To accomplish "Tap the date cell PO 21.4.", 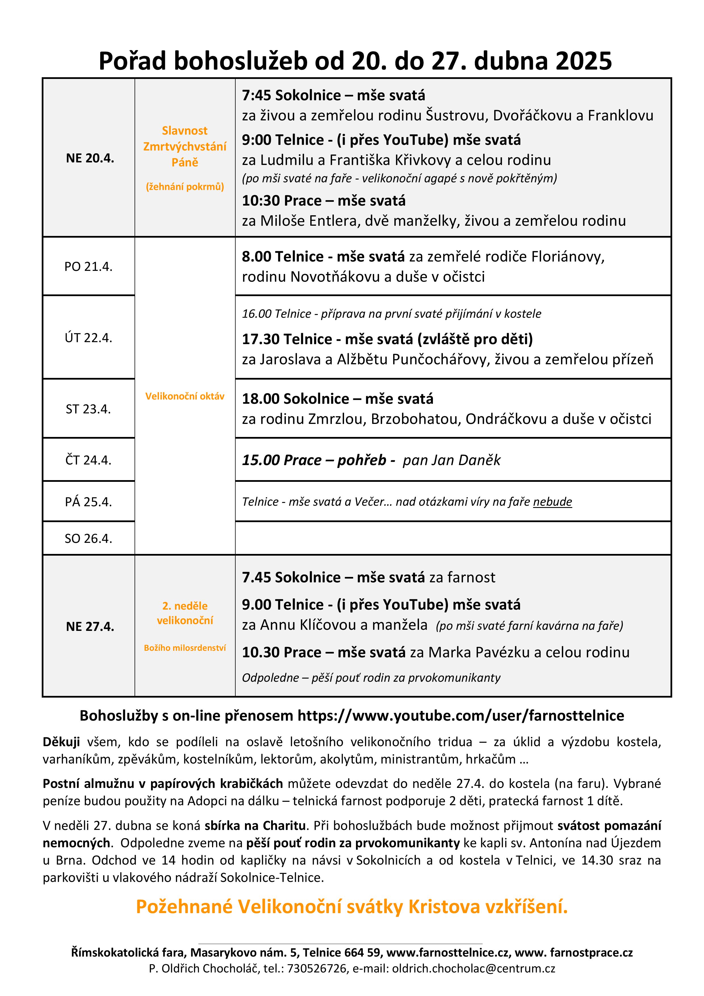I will (89, 266).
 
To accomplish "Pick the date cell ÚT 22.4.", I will (89, 338).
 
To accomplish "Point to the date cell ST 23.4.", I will (89, 409).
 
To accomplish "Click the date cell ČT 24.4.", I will (89, 460).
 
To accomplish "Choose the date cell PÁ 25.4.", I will (89, 502).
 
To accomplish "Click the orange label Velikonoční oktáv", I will (185, 396).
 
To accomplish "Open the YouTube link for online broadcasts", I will (461, 716).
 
